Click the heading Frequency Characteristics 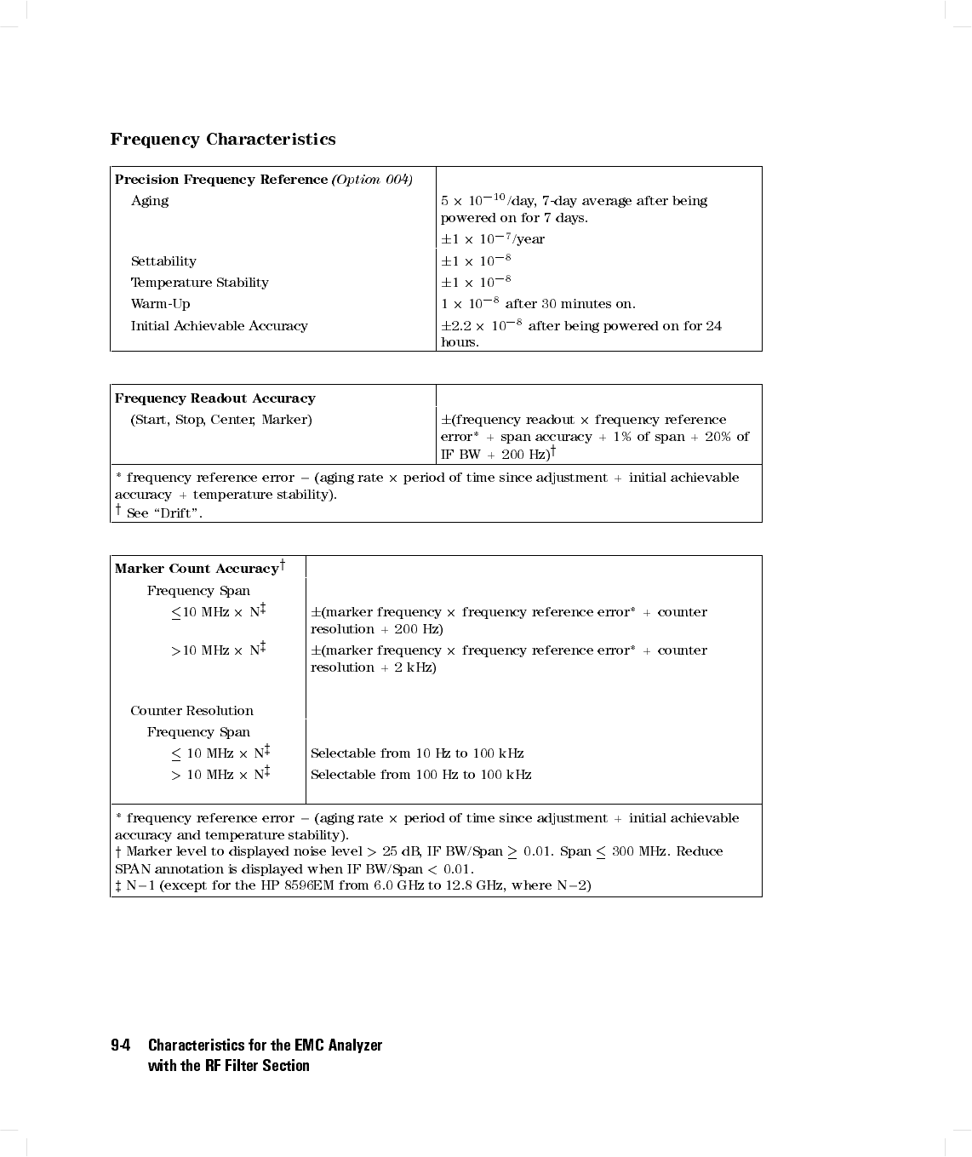click(x=223, y=140)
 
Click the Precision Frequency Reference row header click(x=221, y=180)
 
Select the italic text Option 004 click(x=372, y=180)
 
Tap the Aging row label click(x=150, y=201)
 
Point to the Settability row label click(x=163, y=261)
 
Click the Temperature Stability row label click(x=199, y=283)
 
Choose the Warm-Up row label click(x=160, y=304)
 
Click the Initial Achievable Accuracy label click(x=219, y=326)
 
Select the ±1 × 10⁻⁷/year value click(x=493, y=239)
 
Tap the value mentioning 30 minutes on click(x=538, y=304)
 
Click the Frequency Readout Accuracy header click(x=214, y=398)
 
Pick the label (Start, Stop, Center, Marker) click(x=221, y=420)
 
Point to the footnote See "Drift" click(x=164, y=513)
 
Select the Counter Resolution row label click(x=192, y=711)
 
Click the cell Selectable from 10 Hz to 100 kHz click(x=417, y=753)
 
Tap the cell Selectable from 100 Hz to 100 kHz click(x=420, y=775)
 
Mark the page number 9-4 click(x=120, y=1045)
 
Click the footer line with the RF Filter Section click(x=228, y=1066)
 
